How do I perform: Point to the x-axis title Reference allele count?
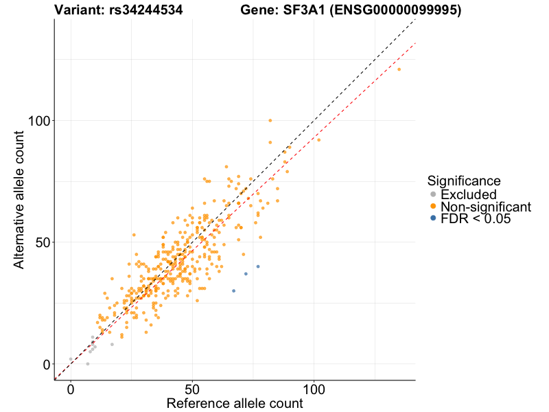(235, 403)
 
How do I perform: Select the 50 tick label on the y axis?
(39, 242)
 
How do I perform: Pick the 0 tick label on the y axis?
(44, 365)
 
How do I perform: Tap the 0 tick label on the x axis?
(71, 389)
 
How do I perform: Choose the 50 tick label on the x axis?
(192, 389)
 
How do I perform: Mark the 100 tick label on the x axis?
(314, 389)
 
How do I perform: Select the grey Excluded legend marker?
(432, 195)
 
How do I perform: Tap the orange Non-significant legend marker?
(432, 207)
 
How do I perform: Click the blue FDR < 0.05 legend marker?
(432, 218)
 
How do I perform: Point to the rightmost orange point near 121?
(399, 69)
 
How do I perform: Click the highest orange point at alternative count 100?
(270, 120)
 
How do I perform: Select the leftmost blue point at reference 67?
(233, 291)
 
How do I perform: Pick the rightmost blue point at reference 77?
(258, 266)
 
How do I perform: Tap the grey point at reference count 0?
(71, 359)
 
